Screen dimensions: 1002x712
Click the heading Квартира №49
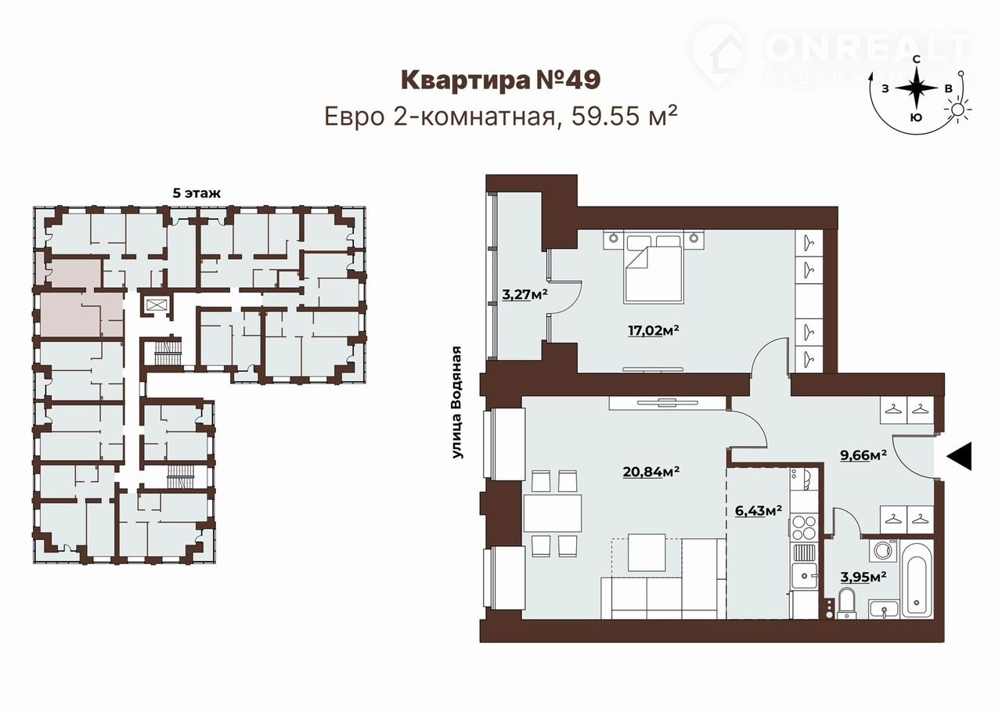tap(500, 80)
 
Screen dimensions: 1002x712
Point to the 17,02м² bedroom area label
tap(654, 330)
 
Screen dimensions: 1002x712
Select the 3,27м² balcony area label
tap(524, 294)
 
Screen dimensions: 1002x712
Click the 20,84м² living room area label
tap(651, 471)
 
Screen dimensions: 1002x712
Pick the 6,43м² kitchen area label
tap(759, 510)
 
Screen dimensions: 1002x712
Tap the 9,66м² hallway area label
tap(863, 455)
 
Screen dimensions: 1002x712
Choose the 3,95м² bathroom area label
tap(863, 577)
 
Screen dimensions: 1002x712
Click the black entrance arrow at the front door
tap(960, 455)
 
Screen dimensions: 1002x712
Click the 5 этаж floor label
tap(196, 193)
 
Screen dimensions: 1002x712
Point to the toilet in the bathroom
tap(846, 603)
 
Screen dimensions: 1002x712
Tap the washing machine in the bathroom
tap(883, 550)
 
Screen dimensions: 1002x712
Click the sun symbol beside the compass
tap(957, 110)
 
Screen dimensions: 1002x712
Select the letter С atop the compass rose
tap(917, 59)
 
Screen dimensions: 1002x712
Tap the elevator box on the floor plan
tap(155, 305)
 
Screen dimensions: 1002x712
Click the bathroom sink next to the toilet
tap(884, 609)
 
